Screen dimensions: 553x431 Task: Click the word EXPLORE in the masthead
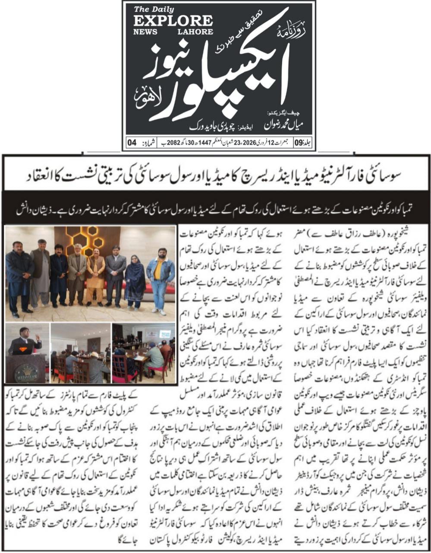173,21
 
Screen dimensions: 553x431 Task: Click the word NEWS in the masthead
145,32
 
